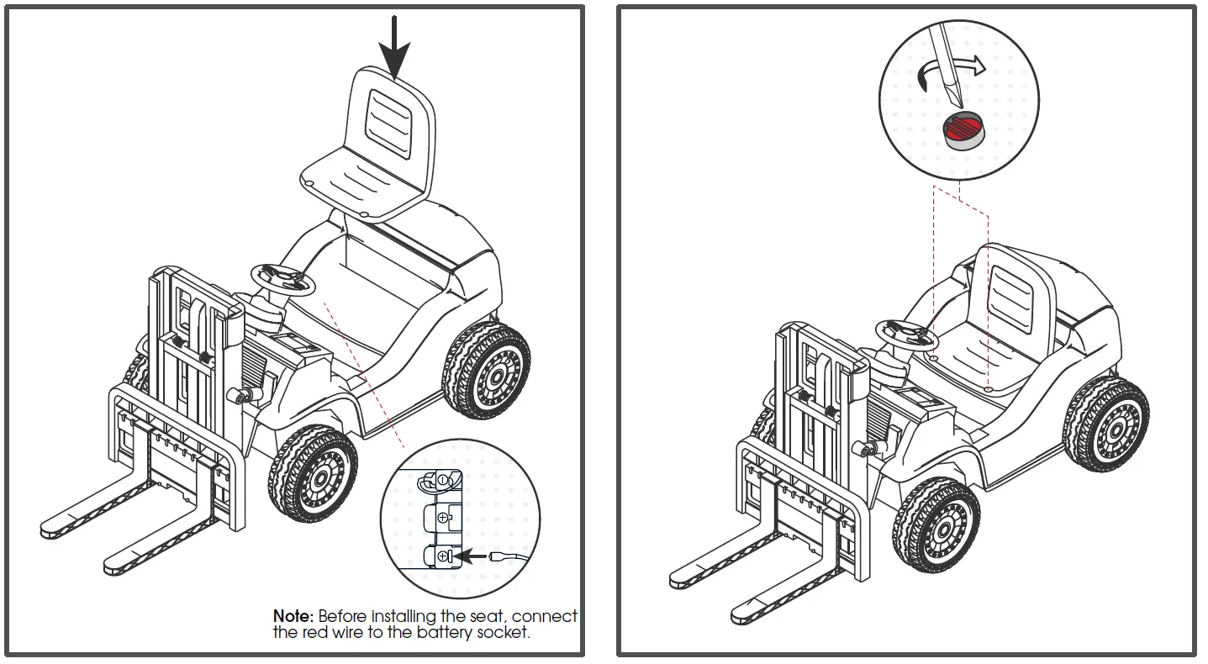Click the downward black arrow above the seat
click(394, 46)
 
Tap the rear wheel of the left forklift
click(486, 370)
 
